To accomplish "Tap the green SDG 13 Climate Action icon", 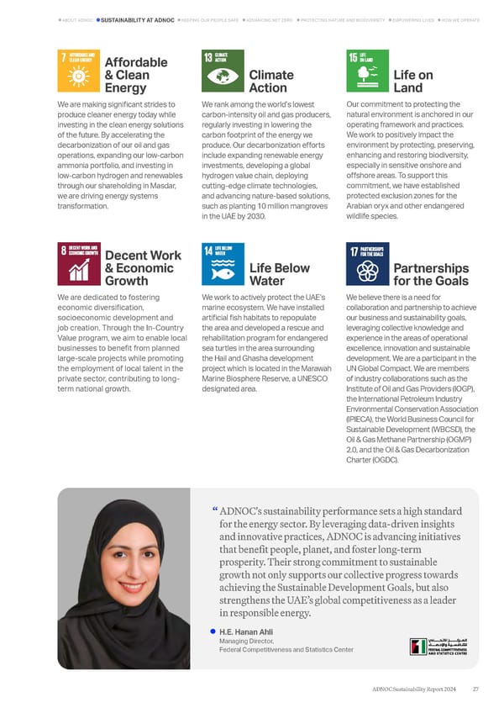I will point(223,71).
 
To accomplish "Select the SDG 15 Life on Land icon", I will point(368,71).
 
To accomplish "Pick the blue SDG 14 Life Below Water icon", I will point(223,265).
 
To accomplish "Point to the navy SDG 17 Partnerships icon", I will point(368,265).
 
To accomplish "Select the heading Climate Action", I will point(268,81).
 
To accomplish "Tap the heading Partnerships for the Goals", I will point(431,274).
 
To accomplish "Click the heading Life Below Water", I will point(280,274).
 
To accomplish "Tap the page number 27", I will point(475,689).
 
